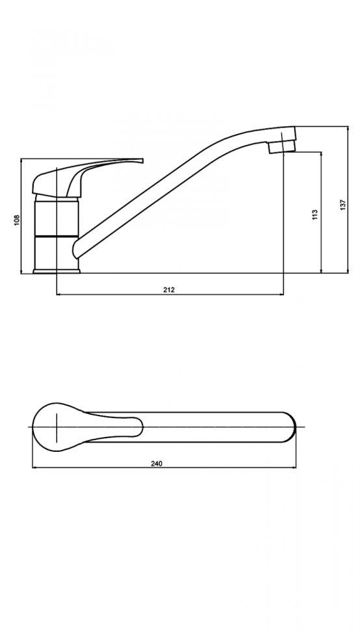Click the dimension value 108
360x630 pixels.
pos(17,220)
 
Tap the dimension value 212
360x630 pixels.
pos(169,290)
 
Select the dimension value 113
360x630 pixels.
pos(315,214)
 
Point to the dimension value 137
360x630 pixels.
pos(342,205)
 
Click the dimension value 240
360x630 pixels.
pos(157,464)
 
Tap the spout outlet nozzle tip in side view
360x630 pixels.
pos(282,146)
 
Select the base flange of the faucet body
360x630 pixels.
pos(57,271)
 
